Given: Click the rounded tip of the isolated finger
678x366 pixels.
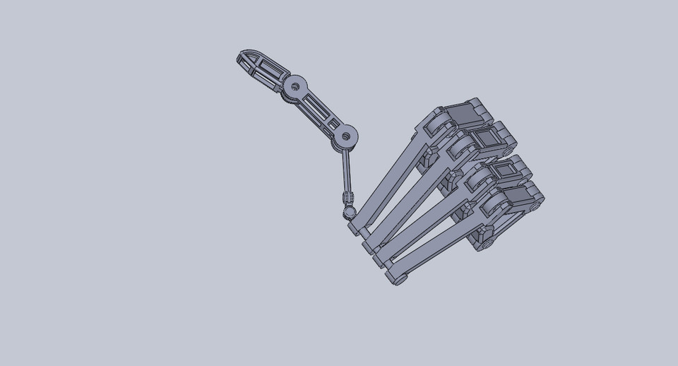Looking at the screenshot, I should (x=242, y=57).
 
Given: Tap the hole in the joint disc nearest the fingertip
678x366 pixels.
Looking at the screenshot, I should (x=295, y=87).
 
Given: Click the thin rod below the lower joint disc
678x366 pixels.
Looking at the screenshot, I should (x=347, y=170).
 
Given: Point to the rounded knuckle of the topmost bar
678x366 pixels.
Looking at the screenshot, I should (x=439, y=127).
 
